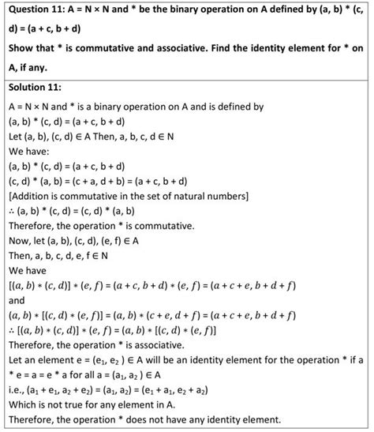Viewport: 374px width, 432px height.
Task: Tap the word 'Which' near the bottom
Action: click(21, 403)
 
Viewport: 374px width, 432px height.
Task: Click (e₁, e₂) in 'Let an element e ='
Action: click(117, 355)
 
